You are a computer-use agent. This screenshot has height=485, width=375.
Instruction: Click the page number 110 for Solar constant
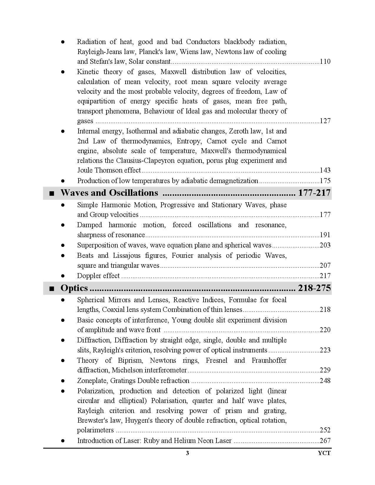pyautogui.click(x=325, y=62)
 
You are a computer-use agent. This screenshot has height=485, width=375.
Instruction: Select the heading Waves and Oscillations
pyautogui.click(x=109, y=193)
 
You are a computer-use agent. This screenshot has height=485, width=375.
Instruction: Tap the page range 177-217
pyautogui.click(x=314, y=193)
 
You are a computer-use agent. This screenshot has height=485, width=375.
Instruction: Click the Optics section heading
pyautogui.click(x=74, y=288)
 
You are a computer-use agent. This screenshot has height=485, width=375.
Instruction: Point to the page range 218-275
pyautogui.click(x=314, y=288)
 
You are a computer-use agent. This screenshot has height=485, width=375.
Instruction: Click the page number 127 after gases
pyautogui.click(x=325, y=121)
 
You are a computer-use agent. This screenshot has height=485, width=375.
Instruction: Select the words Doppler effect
pyautogui.click(x=98, y=276)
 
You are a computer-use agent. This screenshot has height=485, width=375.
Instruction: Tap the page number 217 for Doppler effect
pyautogui.click(x=325, y=276)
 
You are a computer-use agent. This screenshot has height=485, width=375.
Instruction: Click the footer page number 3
pyautogui.click(x=187, y=453)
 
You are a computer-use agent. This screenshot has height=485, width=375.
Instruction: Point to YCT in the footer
pyautogui.click(x=324, y=453)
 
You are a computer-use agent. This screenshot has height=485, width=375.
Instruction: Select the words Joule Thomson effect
pyautogui.click(x=109, y=170)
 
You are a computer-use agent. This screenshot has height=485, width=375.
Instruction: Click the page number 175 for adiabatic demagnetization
pyautogui.click(x=325, y=181)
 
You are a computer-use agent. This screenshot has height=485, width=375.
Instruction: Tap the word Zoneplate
pyautogui.click(x=93, y=381)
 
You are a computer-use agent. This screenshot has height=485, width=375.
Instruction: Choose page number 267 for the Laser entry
pyautogui.click(x=325, y=441)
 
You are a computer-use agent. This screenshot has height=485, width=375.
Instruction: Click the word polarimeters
pyautogui.click(x=95, y=430)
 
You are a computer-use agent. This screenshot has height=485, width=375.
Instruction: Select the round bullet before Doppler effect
pyautogui.click(x=63, y=276)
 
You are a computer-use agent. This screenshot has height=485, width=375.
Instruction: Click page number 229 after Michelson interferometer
pyautogui.click(x=325, y=370)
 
